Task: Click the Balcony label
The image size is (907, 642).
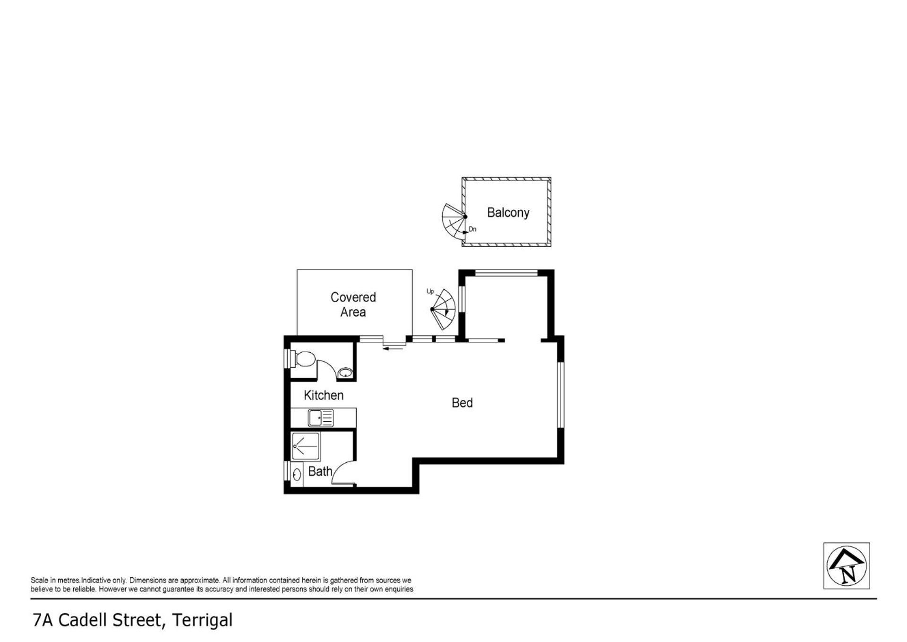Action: [x=508, y=213]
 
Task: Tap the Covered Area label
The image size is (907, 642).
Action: [x=353, y=304]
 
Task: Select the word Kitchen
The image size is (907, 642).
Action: [x=324, y=395]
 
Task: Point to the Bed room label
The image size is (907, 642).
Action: [x=462, y=402]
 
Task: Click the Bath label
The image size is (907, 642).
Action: [x=320, y=471]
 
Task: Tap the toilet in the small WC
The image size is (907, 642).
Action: [x=303, y=358]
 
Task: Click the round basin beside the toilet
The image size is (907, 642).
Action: [x=346, y=373]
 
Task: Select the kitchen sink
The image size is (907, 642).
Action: [x=321, y=418]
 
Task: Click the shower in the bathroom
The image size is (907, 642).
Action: [x=306, y=447]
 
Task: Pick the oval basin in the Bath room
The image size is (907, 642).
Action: [x=297, y=474]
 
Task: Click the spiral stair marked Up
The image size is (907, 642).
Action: [x=444, y=309]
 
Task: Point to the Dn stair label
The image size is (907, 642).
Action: [x=472, y=229]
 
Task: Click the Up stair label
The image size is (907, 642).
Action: [x=430, y=291]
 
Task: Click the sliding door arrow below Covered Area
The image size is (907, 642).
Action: [x=394, y=349]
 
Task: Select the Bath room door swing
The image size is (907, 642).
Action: [x=343, y=472]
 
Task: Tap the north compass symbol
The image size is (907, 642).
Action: [x=847, y=565]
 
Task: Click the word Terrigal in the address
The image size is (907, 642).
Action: [x=202, y=620]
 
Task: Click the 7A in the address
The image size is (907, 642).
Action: [x=43, y=620]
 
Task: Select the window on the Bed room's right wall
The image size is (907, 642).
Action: [x=560, y=395]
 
